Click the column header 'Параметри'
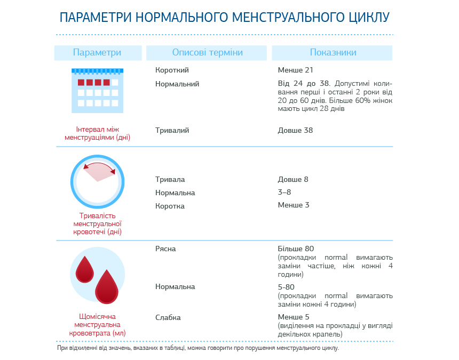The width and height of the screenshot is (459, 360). (97, 52)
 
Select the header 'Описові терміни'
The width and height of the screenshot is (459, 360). (207, 52)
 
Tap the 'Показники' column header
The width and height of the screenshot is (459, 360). (333, 52)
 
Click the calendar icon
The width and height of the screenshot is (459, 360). (98, 91)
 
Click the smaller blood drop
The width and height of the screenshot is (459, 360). (84, 269)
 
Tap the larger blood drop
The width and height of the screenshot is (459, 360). (107, 286)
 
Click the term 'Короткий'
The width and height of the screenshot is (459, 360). (172, 70)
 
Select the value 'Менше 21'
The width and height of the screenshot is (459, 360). (295, 70)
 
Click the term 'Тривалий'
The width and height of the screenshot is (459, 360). (172, 130)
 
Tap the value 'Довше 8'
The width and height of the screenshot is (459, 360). (293, 179)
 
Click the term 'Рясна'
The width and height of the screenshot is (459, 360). (165, 249)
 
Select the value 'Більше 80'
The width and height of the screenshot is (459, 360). (296, 249)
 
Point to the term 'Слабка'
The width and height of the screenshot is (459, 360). (168, 317)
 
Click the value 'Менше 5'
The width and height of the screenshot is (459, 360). (294, 317)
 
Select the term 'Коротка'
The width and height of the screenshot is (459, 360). (170, 206)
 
